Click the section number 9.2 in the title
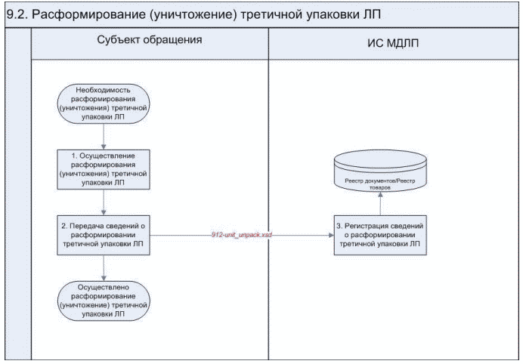pos(17,14)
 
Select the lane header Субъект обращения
pos(150,41)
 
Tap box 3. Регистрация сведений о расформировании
pos(379,236)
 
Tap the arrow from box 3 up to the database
pos(379,205)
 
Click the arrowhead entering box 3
pos(330,236)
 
